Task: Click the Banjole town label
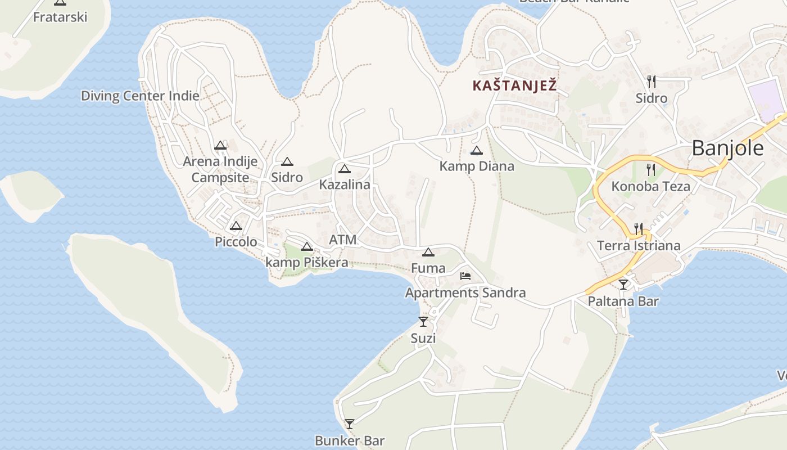(x=727, y=148)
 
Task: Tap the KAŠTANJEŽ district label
(x=514, y=86)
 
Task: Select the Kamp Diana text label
(x=477, y=166)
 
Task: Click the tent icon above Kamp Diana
(x=477, y=150)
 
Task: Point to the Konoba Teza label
(x=650, y=186)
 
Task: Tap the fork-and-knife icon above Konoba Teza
(x=651, y=169)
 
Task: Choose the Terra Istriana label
(x=639, y=246)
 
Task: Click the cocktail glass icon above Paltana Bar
(x=623, y=284)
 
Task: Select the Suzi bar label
(x=423, y=339)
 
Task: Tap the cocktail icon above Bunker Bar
(x=350, y=424)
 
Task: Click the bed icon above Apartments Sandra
(x=465, y=276)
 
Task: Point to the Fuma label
(x=428, y=268)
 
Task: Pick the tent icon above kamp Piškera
(x=306, y=246)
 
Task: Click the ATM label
(x=343, y=240)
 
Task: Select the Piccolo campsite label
(x=236, y=242)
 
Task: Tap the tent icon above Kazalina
(x=344, y=169)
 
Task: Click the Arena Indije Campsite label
(x=220, y=169)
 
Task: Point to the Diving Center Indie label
(x=140, y=96)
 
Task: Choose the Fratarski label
(x=60, y=17)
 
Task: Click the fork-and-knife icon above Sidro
(x=651, y=82)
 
